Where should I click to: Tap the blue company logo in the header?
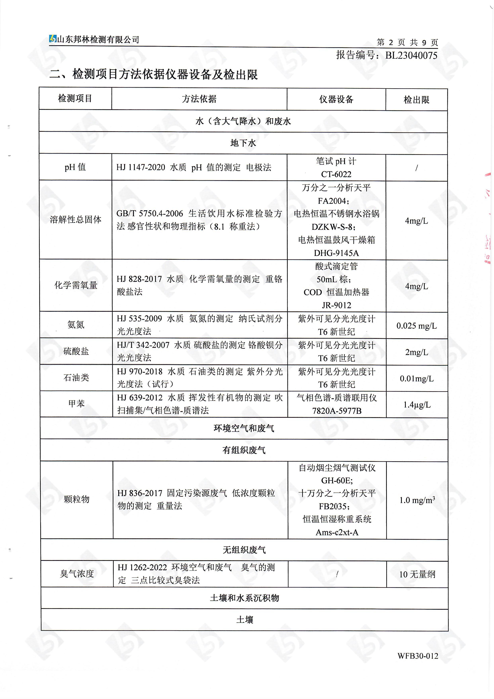click(x=53, y=39)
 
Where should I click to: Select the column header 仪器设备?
click(x=336, y=99)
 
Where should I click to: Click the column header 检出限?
click(x=416, y=99)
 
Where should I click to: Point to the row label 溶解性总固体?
click(x=75, y=219)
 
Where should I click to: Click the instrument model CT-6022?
click(x=336, y=174)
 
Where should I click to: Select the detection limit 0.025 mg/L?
click(x=416, y=326)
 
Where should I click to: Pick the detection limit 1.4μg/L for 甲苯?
click(x=417, y=405)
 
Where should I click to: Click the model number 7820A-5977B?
click(x=337, y=411)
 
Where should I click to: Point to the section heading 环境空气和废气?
click(x=244, y=428)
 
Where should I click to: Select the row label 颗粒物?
click(x=77, y=499)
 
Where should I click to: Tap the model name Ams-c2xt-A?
click(x=337, y=532)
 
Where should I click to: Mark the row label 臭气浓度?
click(x=77, y=574)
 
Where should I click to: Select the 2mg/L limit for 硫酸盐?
click(x=416, y=352)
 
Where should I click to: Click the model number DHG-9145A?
click(x=337, y=253)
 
